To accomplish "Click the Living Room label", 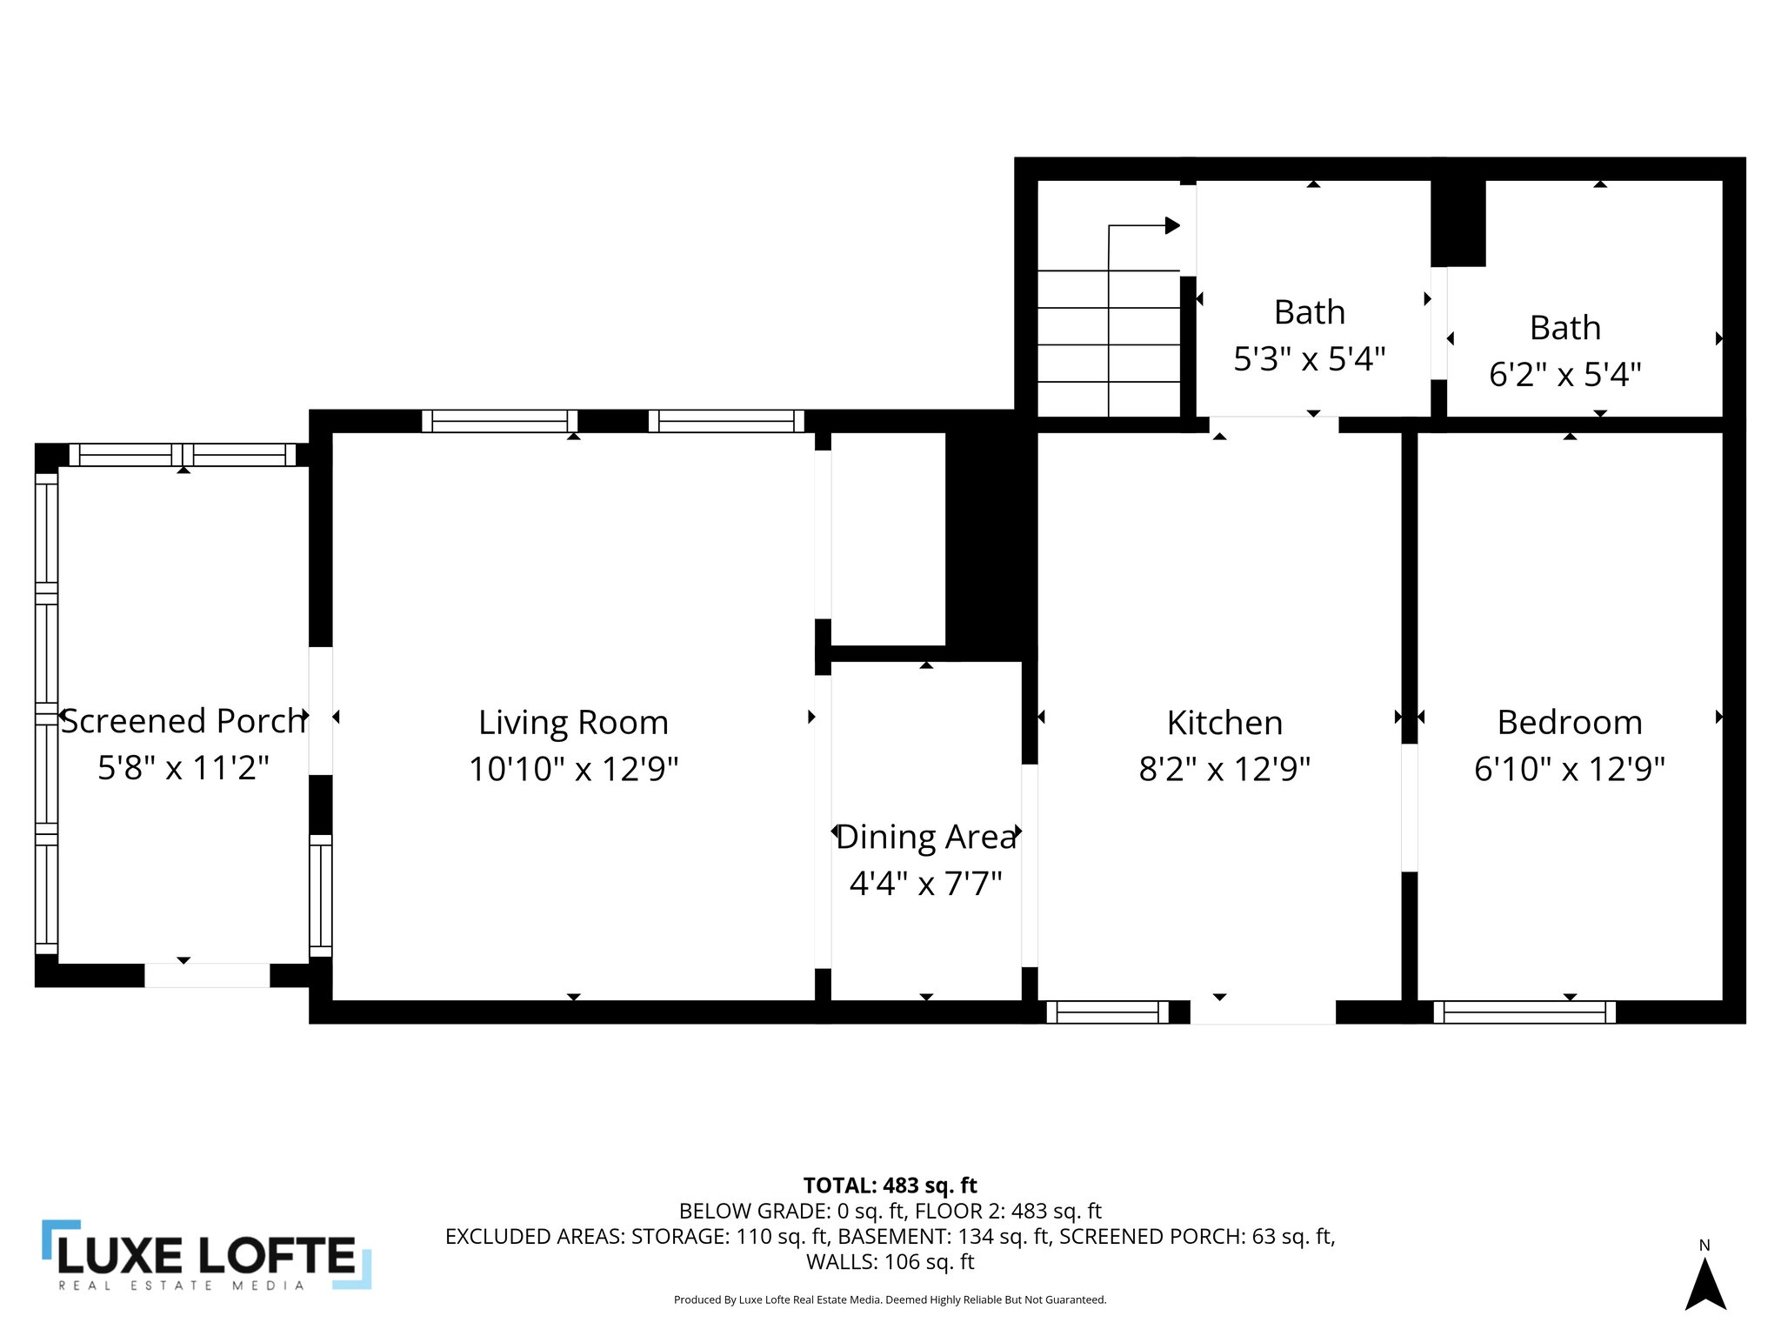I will tap(573, 723).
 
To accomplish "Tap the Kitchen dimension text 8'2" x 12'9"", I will tap(1224, 769).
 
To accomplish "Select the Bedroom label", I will tap(1569, 723).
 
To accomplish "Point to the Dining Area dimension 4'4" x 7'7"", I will tap(925, 884).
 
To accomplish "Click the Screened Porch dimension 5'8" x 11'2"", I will tap(183, 768).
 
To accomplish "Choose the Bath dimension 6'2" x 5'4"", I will tap(1564, 374).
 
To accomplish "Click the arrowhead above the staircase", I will tap(1171, 226).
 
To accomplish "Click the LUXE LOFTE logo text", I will tap(207, 1255).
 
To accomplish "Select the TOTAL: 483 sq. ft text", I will tap(890, 1186).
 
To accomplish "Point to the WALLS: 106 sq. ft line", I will tap(890, 1262).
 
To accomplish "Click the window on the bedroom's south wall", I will tap(1524, 1012).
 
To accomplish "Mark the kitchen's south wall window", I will tap(1107, 1012).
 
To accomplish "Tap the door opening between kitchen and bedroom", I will tap(1409, 807).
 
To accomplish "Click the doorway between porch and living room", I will tap(320, 711).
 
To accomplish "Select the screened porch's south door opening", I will tap(207, 975).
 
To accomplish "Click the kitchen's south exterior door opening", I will tap(1262, 1012).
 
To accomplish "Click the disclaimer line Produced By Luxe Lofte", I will tap(890, 1299).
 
